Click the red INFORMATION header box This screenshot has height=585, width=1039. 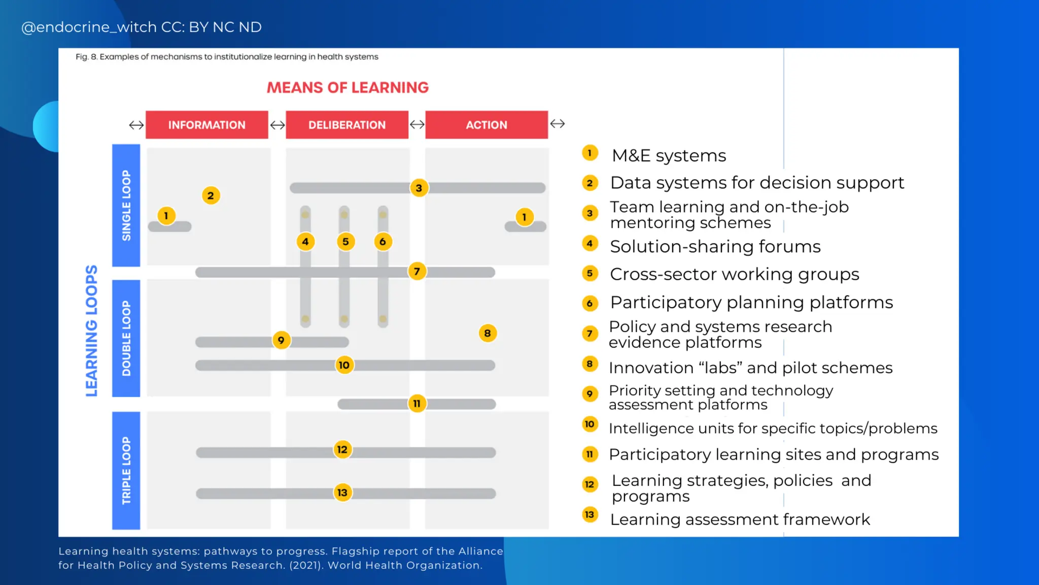[x=206, y=125]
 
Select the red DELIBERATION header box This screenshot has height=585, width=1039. [x=347, y=125]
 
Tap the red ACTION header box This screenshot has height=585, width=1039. [x=487, y=125]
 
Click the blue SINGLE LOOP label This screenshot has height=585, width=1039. [x=126, y=205]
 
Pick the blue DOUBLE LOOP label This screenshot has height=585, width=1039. [x=126, y=338]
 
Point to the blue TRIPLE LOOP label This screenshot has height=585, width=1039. [x=126, y=471]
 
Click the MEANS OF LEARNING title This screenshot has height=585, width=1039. [x=348, y=87]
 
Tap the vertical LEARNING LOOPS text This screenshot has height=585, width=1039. [x=91, y=331]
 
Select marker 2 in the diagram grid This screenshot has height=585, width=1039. [x=211, y=196]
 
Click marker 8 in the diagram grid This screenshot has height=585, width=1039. [x=488, y=333]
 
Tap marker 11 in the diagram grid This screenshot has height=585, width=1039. [x=417, y=404]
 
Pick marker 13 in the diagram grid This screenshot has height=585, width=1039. [x=342, y=493]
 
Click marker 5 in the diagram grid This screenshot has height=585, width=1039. [x=345, y=242]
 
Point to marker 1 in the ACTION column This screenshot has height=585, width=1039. [x=524, y=217]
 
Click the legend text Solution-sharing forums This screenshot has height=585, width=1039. [x=715, y=247]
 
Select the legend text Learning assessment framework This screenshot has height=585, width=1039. [x=740, y=519]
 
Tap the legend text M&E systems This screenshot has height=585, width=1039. [x=669, y=155]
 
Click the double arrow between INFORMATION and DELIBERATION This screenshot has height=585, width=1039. [x=277, y=125]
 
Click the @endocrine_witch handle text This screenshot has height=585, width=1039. [x=141, y=27]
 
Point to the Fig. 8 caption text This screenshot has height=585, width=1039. [x=227, y=57]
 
